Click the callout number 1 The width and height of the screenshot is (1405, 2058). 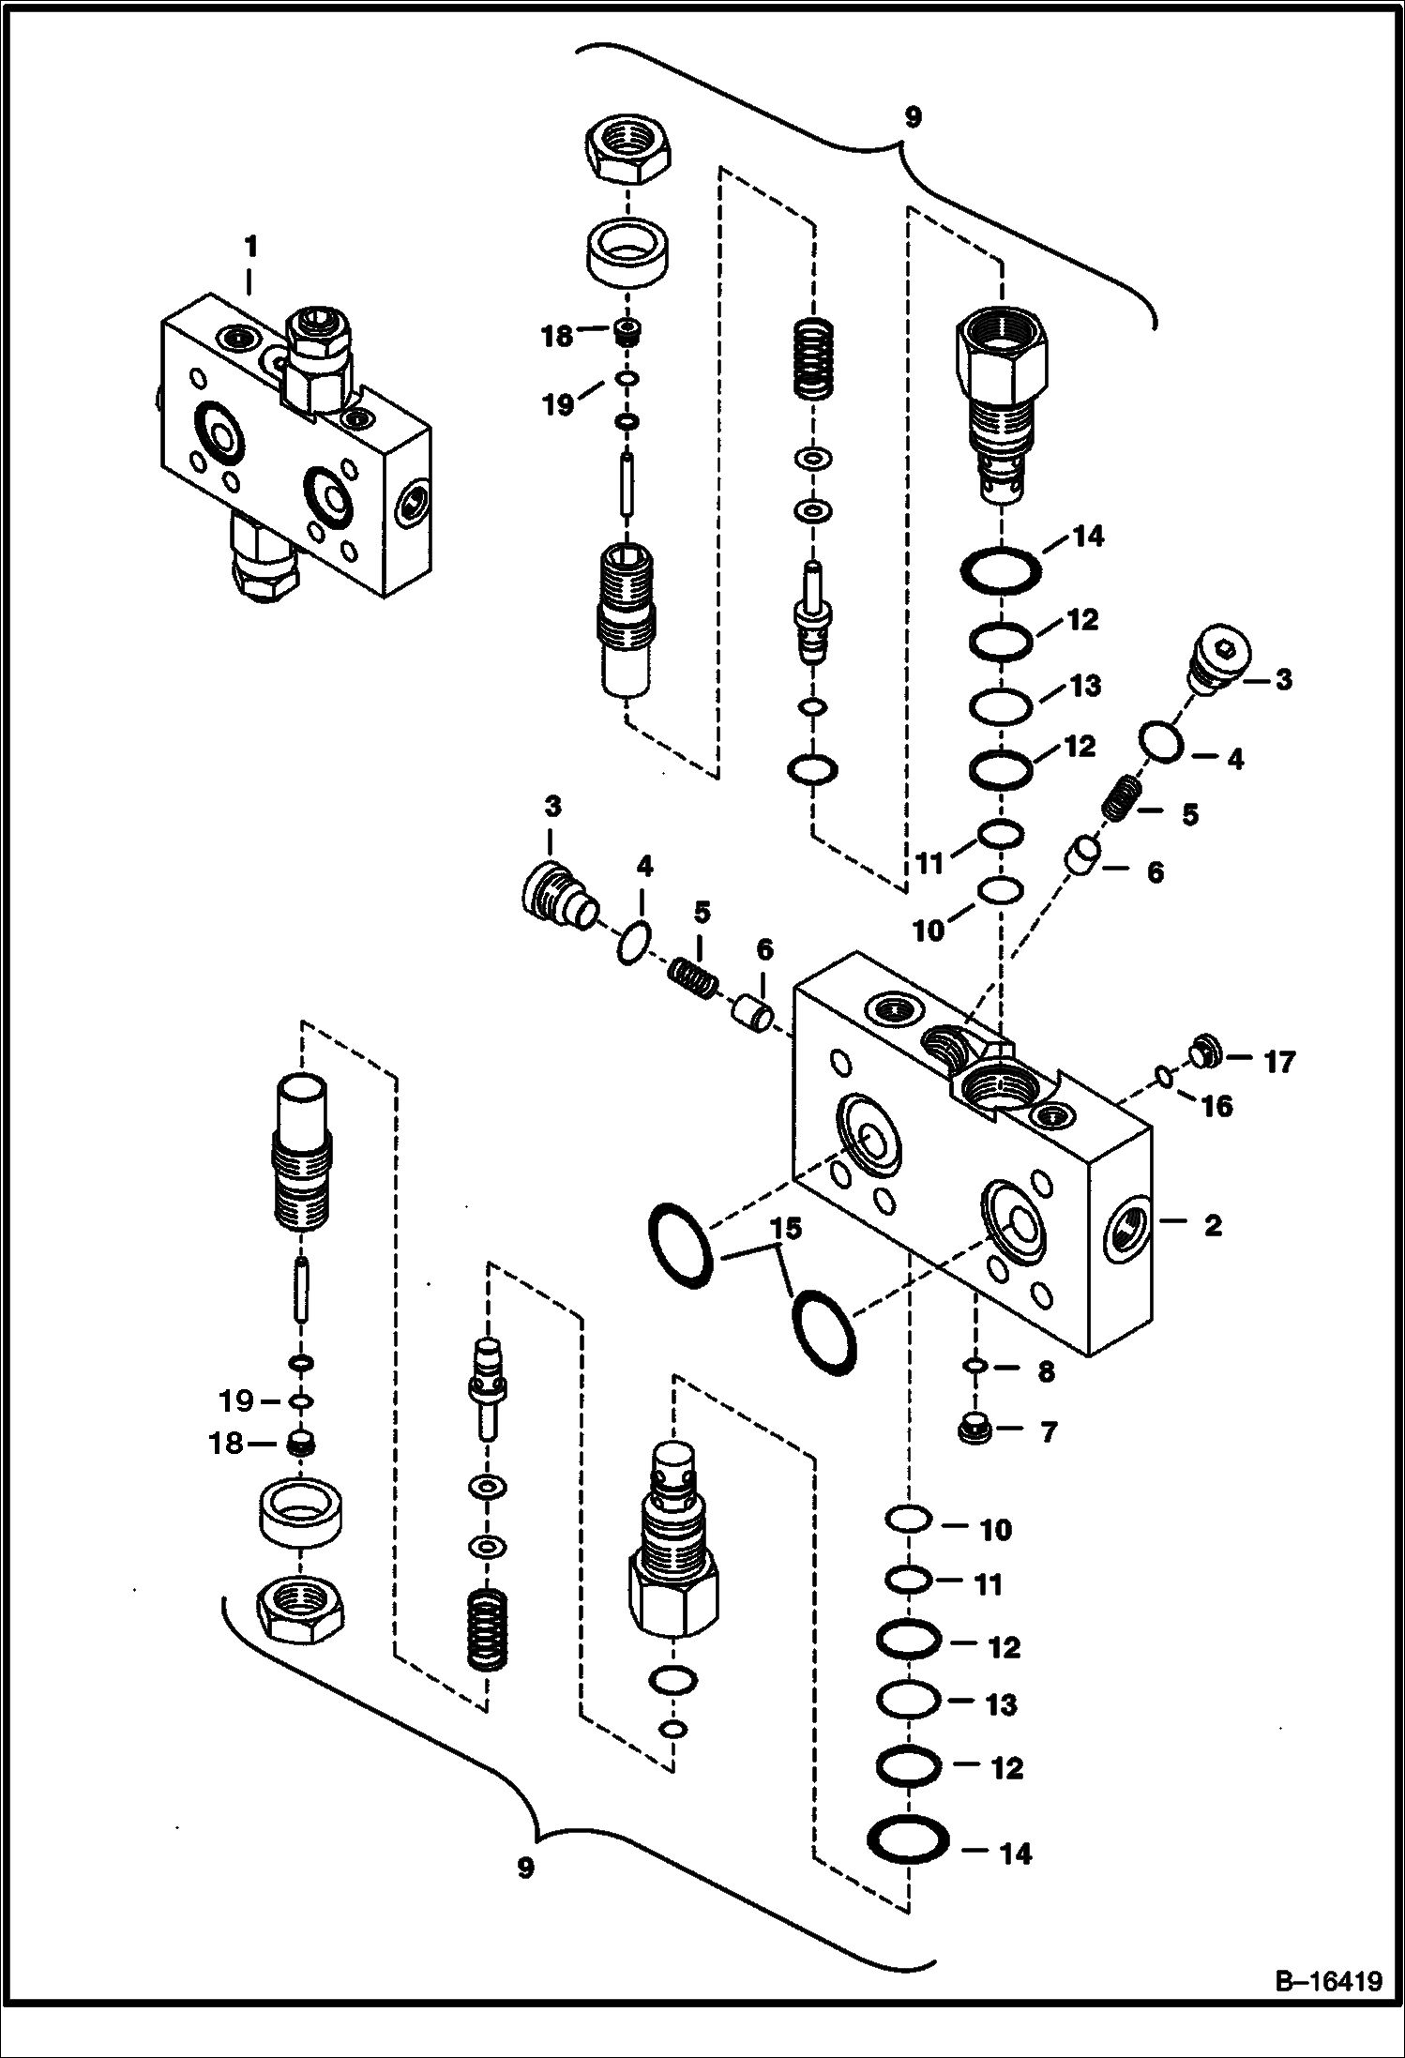click(x=249, y=248)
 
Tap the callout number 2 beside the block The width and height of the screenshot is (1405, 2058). click(x=1213, y=1225)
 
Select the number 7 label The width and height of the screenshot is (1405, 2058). click(x=1049, y=1431)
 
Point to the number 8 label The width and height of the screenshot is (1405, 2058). click(x=1047, y=1371)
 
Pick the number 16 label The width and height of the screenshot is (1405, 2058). click(x=1216, y=1107)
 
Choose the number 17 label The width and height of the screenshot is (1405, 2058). click(x=1279, y=1063)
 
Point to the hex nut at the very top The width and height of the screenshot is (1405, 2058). click(x=627, y=156)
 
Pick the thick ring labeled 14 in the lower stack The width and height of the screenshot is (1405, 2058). click(x=908, y=1853)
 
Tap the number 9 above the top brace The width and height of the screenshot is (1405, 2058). click(x=912, y=118)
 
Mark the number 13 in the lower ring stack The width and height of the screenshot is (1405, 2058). click(x=1001, y=1704)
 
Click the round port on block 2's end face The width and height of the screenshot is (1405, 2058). click(x=1123, y=1226)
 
